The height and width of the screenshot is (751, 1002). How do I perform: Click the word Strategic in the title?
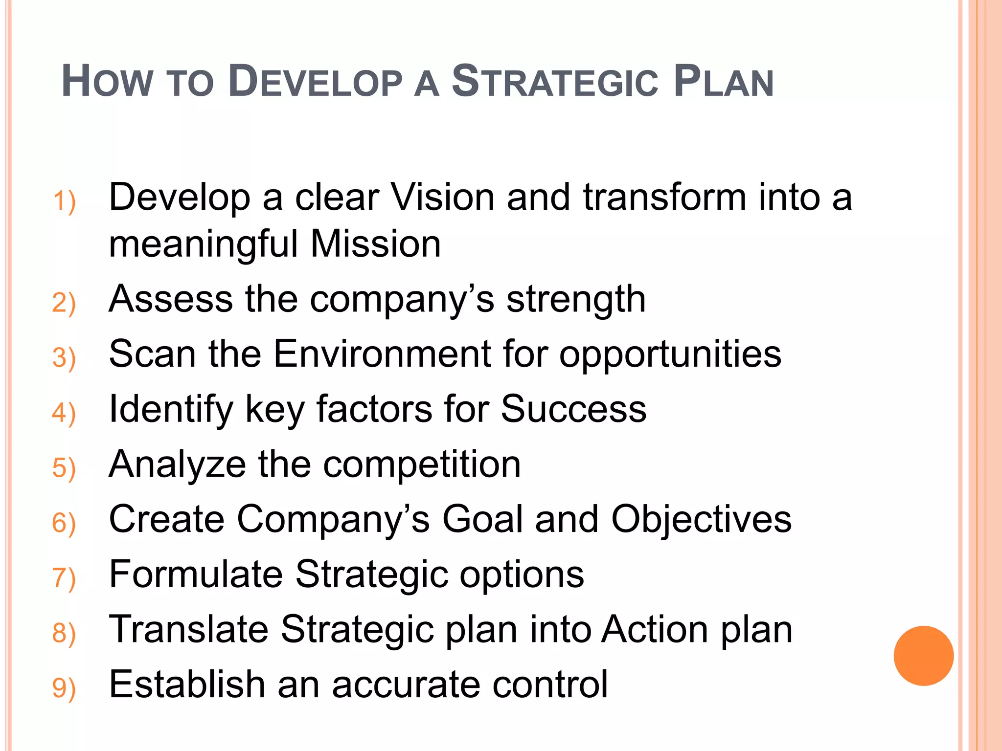555,82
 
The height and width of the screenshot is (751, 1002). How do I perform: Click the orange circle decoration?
923,656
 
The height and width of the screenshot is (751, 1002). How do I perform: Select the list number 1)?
64,201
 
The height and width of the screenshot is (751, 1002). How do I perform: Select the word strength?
576,299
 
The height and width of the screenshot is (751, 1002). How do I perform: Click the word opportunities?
670,354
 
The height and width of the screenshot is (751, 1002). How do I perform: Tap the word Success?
573,409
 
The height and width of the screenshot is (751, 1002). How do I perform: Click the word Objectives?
701,519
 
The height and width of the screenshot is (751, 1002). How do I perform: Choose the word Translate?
188,629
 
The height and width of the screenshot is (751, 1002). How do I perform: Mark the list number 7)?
64,578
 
